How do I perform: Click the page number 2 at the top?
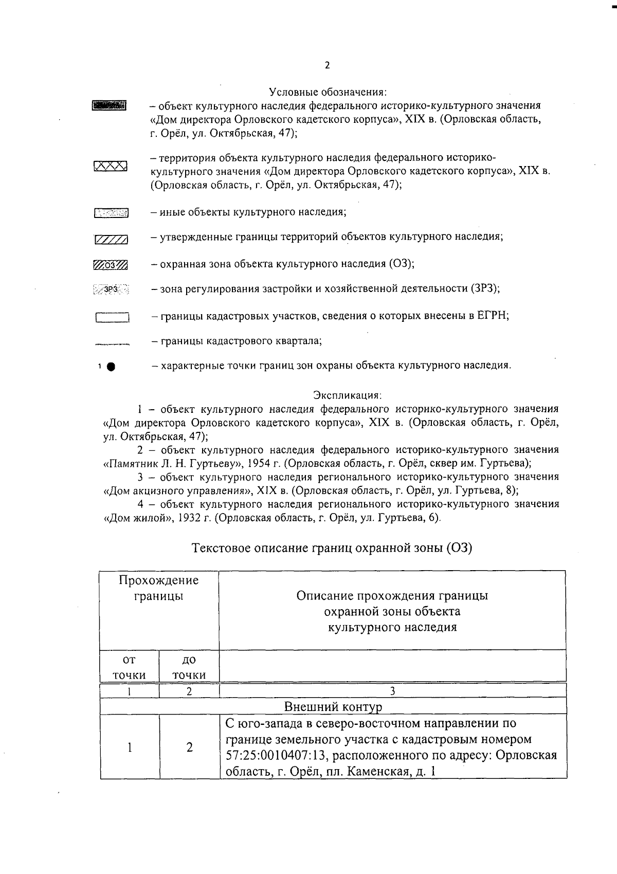coord(327,66)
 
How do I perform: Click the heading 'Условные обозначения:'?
coord(328,93)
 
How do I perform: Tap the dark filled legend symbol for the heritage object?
coord(109,106)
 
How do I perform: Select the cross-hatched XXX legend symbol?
coord(111,166)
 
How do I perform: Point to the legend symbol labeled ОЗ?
coord(111,265)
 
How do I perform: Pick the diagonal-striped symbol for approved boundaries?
coord(111,240)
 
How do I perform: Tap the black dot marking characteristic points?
coord(111,367)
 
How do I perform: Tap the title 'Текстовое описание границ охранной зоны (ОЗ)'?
coord(332,548)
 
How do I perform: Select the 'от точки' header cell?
coord(130,667)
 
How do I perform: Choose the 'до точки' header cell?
coord(189,667)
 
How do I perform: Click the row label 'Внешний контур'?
coord(333,706)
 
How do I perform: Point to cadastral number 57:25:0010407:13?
coord(274,756)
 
